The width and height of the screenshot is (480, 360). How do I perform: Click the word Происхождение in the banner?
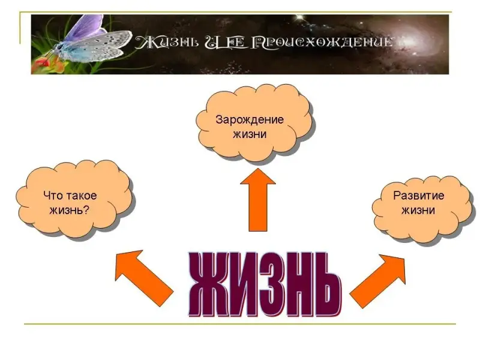(325, 43)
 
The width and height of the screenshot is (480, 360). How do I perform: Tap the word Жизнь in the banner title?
(162, 43)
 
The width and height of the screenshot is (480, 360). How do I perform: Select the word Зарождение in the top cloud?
(250, 119)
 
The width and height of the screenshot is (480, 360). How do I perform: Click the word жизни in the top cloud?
(250, 134)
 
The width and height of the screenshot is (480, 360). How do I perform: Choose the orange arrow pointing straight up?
(257, 199)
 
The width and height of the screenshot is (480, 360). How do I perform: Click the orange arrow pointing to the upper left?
(142, 275)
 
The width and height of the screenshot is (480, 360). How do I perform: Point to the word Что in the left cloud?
(53, 196)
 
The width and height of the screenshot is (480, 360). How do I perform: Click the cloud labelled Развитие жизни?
(420, 207)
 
